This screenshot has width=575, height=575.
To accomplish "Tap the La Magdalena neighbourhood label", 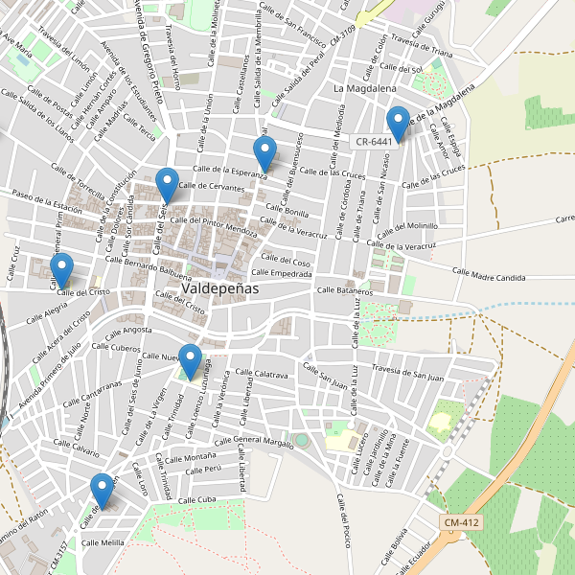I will tap(365, 88).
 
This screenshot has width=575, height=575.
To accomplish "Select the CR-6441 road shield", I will tap(374, 141).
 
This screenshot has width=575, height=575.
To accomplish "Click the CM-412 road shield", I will tap(462, 522).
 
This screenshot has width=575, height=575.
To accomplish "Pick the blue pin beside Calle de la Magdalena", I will tap(398, 124).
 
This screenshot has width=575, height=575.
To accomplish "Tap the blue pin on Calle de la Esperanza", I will tap(264, 153).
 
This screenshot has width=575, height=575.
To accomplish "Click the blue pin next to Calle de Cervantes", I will tap(168, 184).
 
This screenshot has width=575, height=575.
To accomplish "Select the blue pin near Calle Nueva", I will tap(191, 360).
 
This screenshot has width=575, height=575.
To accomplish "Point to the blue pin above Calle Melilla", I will tap(102, 490).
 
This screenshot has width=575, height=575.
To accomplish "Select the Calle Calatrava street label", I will tap(262, 374).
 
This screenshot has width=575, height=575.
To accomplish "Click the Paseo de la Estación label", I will tap(46, 200).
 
